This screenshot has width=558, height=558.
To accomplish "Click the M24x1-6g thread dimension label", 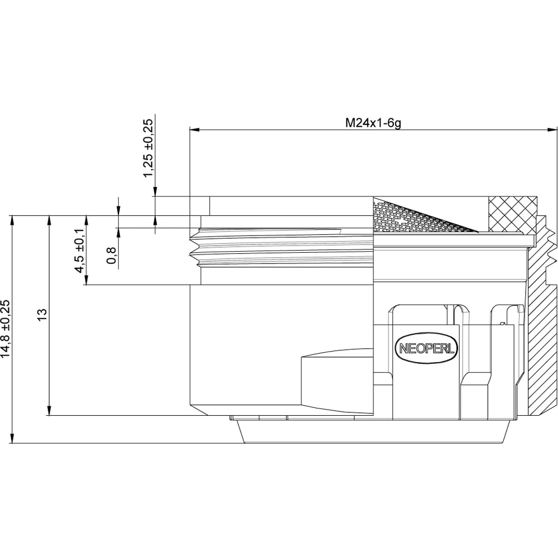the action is point(373,123).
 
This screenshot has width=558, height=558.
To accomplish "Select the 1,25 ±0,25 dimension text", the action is point(149,147).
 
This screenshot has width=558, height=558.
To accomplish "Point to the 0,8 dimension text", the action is point(112,256).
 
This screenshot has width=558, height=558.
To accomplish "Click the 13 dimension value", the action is point(42,315).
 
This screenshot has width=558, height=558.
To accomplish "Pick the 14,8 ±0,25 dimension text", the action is point(6,329).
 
